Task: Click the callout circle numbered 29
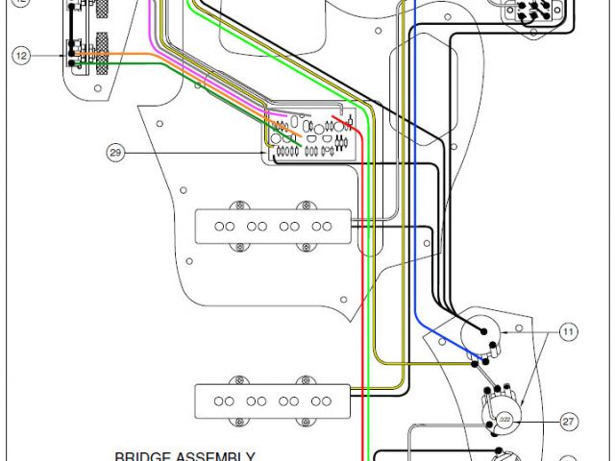pos(116,152)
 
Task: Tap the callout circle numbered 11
pos(568,332)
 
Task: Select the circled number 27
pos(568,421)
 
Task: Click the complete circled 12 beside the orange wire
pos(21,56)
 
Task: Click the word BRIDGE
pos(141,457)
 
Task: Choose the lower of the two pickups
pos(273,400)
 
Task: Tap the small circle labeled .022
pos(504,421)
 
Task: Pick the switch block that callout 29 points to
pos(313,136)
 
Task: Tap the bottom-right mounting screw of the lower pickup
pos(307,421)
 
